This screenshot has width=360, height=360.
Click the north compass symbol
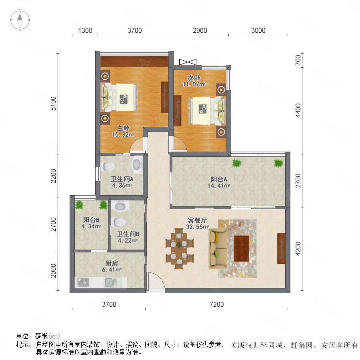[20, 20]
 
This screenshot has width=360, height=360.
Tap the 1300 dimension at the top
[85, 30]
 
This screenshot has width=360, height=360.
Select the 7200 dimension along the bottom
[216, 304]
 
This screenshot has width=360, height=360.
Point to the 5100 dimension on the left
[53, 104]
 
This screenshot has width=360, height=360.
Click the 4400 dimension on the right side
[298, 110]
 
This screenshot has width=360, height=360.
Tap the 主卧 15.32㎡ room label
[123, 131]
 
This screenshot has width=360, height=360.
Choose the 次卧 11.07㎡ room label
[194, 81]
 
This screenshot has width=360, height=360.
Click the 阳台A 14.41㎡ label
[219, 182]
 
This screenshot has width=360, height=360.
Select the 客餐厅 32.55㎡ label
[197, 224]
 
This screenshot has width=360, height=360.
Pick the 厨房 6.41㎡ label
[112, 266]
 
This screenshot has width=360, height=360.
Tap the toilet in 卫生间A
[108, 166]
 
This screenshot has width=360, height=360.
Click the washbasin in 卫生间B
[120, 206]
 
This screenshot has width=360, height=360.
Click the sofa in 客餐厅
[218, 248]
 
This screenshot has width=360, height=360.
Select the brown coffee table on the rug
[242, 248]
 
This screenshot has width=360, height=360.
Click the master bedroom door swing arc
[137, 145]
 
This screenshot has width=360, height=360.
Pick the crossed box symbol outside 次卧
[188, 62]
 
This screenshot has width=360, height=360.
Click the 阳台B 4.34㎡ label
[91, 223]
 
